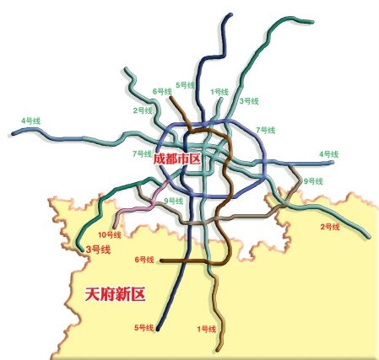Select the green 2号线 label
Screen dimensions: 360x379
tap(143, 110)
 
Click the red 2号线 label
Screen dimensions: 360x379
tap(329, 227)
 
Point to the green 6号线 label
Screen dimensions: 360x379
tap(162, 91)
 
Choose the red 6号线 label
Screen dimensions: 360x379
tap(144, 260)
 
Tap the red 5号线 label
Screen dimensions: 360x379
tap(143, 327)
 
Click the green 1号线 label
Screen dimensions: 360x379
tap(219, 91)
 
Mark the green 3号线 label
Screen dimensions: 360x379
tap(248, 101)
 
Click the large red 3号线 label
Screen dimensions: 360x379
tap(99, 250)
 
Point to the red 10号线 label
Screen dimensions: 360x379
tap(110, 234)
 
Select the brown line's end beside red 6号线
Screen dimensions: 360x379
tap(160, 261)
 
